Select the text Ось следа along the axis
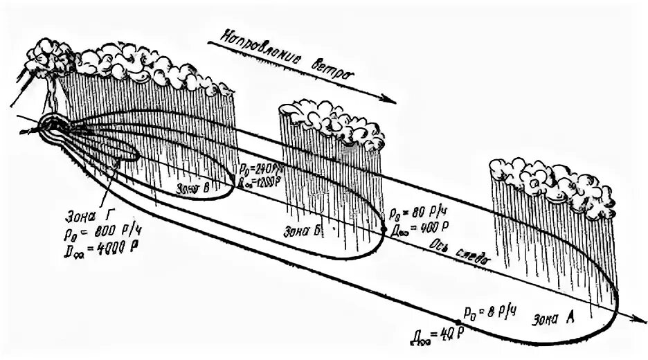tap(460, 253)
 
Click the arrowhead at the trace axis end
tap(636, 320)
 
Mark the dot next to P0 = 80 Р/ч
tap(383, 226)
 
